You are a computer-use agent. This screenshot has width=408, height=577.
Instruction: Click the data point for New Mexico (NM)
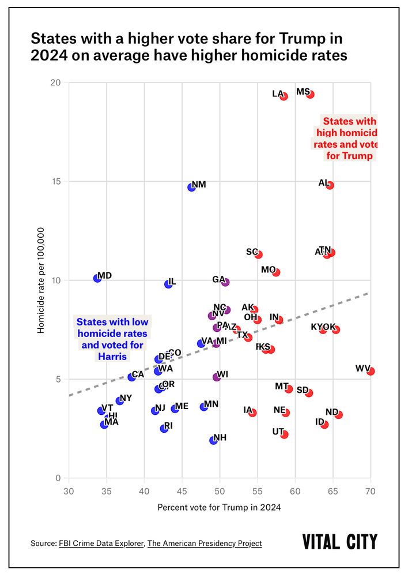tap(192, 187)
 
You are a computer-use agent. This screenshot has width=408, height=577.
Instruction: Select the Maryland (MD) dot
tap(97, 278)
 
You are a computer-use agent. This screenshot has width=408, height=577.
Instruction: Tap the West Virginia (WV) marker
tap(371, 371)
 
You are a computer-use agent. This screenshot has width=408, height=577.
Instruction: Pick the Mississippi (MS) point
tap(310, 94)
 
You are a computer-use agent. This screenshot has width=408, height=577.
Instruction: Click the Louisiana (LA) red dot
tap(284, 96)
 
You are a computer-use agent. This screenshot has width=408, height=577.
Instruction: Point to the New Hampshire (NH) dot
tap(213, 440)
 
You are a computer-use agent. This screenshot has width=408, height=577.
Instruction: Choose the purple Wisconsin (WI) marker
tap(217, 377)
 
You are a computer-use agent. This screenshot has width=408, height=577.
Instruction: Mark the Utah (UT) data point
tap(284, 434)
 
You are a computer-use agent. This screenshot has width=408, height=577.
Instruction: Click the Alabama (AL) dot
tap(330, 185)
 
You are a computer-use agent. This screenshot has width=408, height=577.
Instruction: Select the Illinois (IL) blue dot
tap(168, 284)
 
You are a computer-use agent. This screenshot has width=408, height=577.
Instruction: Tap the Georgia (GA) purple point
tap(225, 282)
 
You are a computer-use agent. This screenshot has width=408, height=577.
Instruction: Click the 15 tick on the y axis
tap(55, 181)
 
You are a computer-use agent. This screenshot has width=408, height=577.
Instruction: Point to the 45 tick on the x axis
tap(182, 491)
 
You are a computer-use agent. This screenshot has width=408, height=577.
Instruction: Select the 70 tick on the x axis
tap(371, 491)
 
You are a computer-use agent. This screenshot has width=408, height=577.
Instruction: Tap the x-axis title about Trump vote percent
tap(219, 507)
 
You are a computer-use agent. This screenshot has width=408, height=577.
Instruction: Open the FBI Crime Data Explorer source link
tap(101, 543)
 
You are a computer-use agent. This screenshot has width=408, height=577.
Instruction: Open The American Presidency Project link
tap(205, 543)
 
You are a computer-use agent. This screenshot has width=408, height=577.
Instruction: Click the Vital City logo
tap(340, 542)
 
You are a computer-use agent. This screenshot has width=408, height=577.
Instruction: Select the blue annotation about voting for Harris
tap(112, 339)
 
